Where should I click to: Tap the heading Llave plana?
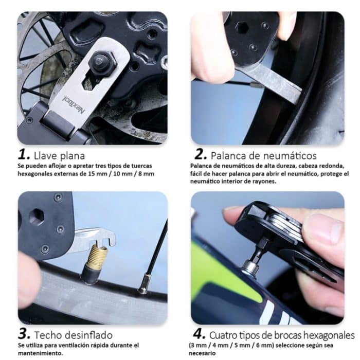tap(58, 154)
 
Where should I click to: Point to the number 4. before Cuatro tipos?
tap(200, 335)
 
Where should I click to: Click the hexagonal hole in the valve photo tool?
tap(36, 217)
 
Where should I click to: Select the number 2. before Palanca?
tap(200, 154)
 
